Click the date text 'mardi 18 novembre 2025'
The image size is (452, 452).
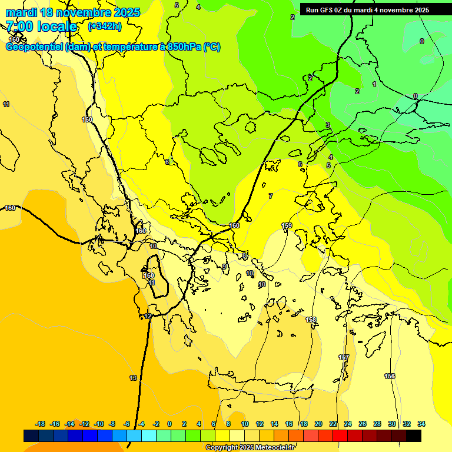[73, 12]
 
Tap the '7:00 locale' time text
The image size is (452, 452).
[41, 26]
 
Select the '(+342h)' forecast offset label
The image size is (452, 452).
[105, 26]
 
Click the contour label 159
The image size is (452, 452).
[287, 226]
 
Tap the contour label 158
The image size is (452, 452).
[311, 320]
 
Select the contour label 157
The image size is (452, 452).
[344, 358]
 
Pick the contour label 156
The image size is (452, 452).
[390, 376]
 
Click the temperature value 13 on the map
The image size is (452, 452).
[133, 378]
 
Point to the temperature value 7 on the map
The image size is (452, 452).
[271, 196]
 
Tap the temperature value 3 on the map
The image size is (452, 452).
[328, 125]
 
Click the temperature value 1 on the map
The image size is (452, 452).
[374, 84]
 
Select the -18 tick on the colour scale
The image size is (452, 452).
[40, 424]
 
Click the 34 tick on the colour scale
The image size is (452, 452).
[421, 424]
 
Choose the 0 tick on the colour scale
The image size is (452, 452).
[169, 424]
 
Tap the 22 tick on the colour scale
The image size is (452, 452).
[333, 424]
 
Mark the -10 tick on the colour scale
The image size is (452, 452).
[99, 424]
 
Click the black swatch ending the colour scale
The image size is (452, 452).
[414, 436]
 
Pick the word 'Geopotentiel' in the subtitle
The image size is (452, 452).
[35, 47]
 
